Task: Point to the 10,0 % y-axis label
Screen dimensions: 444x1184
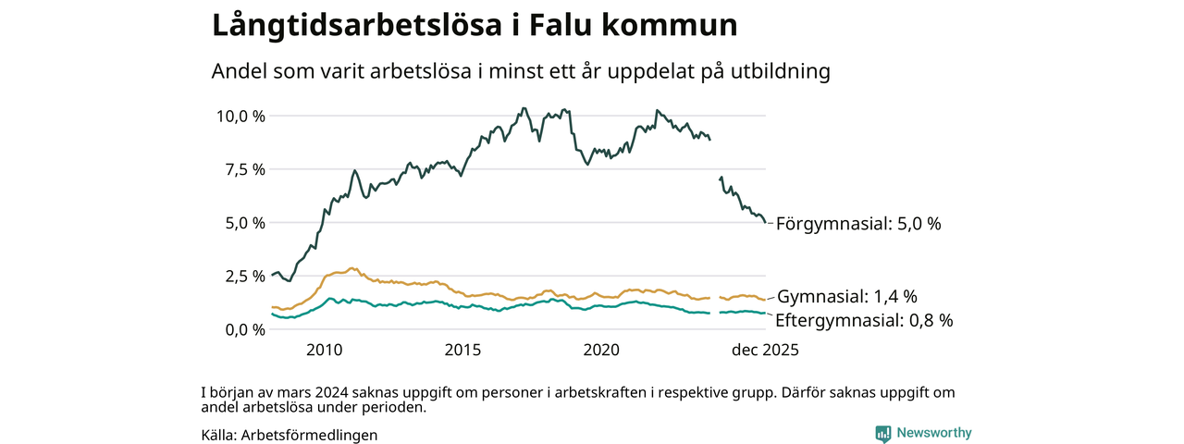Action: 240,116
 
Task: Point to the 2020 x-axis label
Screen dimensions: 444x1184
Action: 601,351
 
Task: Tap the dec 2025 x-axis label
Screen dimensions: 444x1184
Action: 765,351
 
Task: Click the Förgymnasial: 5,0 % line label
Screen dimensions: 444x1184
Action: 858,224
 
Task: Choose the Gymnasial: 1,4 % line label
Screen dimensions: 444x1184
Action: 847,297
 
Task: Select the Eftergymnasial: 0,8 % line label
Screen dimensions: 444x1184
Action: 864,321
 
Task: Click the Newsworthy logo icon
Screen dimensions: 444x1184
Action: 882,433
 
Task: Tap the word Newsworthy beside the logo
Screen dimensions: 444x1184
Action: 934,433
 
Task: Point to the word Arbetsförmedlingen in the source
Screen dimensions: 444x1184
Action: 309,435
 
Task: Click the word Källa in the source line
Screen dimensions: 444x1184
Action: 217,435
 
